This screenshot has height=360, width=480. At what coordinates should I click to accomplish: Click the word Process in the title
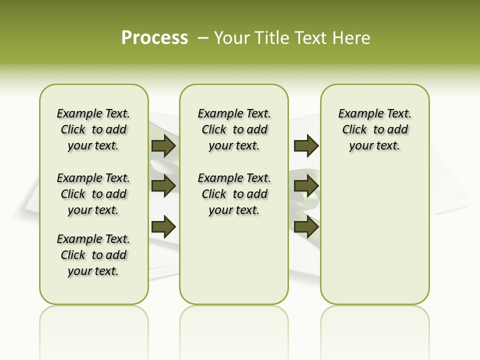pos(154,37)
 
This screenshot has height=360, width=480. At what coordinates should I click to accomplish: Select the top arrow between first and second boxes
pos(163,146)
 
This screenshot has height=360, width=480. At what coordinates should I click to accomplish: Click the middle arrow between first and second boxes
pos(163,186)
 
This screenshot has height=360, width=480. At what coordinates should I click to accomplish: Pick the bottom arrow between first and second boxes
pos(163,226)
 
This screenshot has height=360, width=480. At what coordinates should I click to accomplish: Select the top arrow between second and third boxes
pos(306,145)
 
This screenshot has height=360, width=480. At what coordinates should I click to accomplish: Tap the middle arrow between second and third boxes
pos(306,186)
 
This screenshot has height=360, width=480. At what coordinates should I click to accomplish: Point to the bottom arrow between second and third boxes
pos(306,226)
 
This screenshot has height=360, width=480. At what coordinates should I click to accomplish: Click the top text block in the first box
pos(93,129)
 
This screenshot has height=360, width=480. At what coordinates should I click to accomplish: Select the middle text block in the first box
pos(93,194)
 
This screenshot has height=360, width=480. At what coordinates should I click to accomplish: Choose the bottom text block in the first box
pos(93,255)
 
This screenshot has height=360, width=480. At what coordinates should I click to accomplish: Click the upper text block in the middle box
pos(234,129)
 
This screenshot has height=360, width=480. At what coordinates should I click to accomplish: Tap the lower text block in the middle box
pos(234,194)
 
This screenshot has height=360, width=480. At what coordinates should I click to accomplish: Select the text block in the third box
pos(374,129)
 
